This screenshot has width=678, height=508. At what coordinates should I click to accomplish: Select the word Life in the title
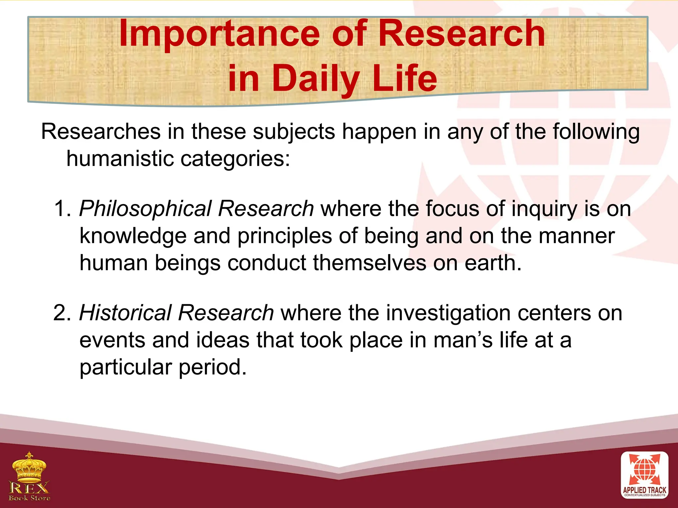(x=405, y=78)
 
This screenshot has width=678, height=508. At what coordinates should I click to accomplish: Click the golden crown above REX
(x=29, y=466)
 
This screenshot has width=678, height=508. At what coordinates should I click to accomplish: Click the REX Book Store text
(x=29, y=491)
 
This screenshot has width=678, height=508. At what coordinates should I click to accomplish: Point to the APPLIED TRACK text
(x=644, y=490)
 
